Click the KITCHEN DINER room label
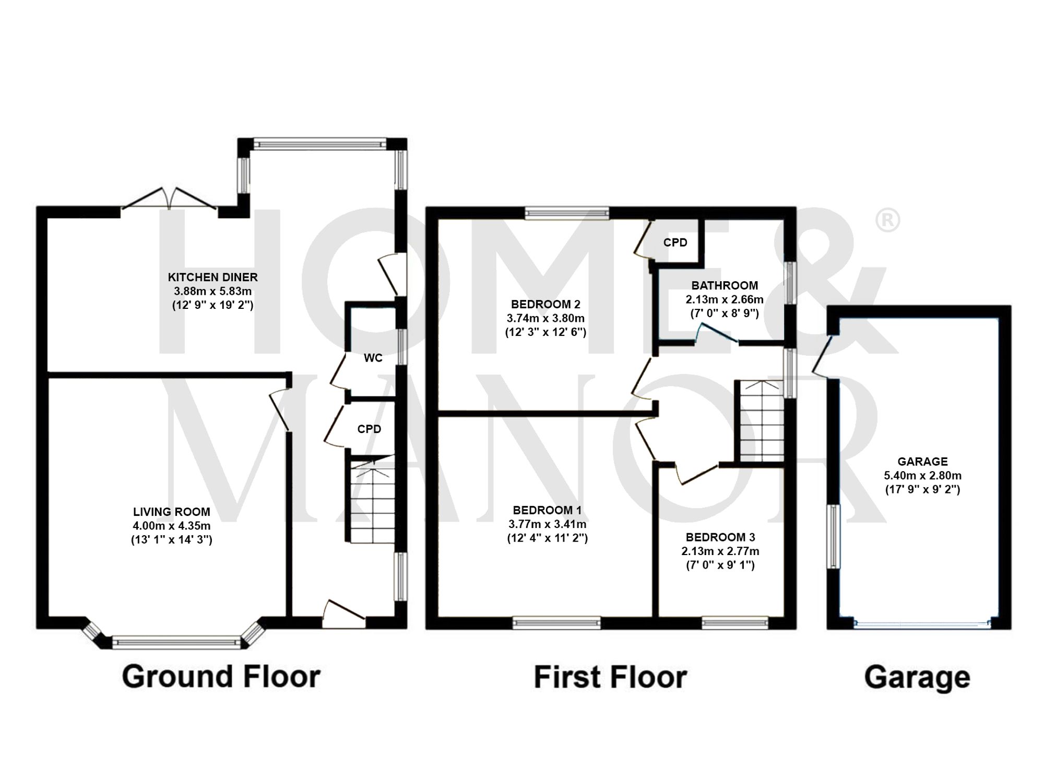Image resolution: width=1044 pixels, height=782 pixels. pos(212,277)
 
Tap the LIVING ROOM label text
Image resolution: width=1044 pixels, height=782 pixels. pos(171,512)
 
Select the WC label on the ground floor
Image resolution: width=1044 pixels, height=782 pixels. pos(373,358)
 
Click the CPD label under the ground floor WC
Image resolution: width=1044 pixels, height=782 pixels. pos(369,429)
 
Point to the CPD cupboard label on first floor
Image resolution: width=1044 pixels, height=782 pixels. pos(675,243)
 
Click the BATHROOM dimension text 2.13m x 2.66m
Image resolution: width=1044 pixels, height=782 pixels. pos(724,299)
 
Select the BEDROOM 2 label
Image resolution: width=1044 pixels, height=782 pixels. pos(545,304)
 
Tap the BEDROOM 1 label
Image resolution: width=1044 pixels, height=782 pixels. pos(547,510)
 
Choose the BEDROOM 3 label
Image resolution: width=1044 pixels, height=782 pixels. pos(720,537)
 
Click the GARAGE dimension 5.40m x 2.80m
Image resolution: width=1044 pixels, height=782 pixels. pos(922,475)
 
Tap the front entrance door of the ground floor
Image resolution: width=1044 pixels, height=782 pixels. pos(343,613)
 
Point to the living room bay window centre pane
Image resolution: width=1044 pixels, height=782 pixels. pos(176,642)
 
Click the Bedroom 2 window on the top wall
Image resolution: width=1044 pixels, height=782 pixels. pos(567,212)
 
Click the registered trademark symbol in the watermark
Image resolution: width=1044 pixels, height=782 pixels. pos(887,221)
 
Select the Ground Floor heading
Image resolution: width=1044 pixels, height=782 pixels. pos(221,677)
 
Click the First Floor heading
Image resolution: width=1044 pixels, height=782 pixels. pos(610,677)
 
